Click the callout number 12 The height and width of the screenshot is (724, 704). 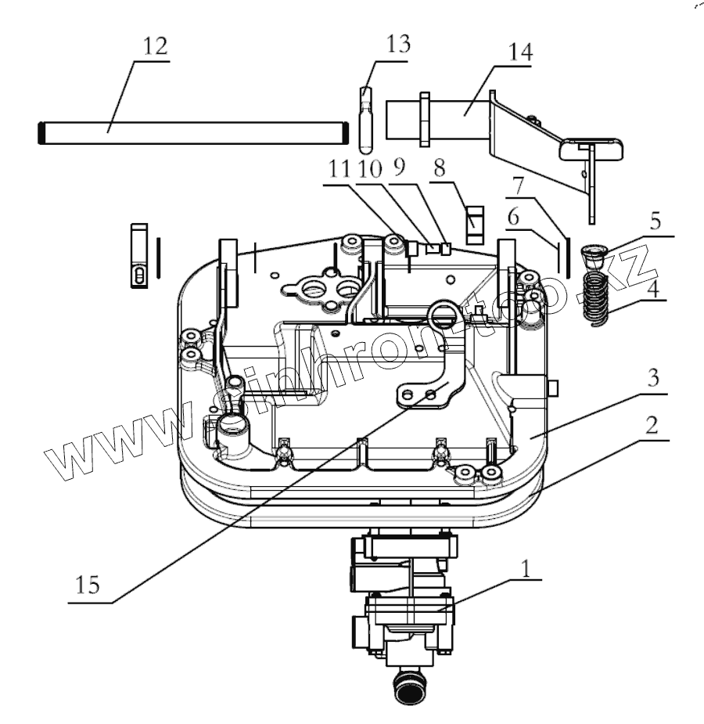point(155,47)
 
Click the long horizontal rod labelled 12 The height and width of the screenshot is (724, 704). point(196,133)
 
